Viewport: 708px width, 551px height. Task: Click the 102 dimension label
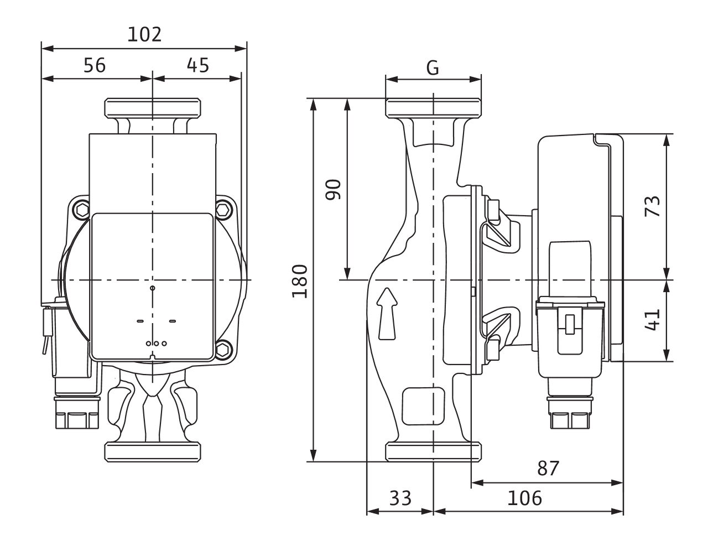[144, 34]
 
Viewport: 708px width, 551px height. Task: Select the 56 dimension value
[95, 65]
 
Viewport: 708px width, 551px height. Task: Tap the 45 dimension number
[198, 65]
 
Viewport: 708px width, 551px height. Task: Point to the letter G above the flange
[433, 68]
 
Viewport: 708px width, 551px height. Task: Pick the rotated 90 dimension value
[334, 189]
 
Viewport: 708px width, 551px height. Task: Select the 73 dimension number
[653, 206]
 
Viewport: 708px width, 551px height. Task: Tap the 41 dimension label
[653, 320]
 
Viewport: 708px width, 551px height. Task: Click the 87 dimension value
[548, 469]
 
